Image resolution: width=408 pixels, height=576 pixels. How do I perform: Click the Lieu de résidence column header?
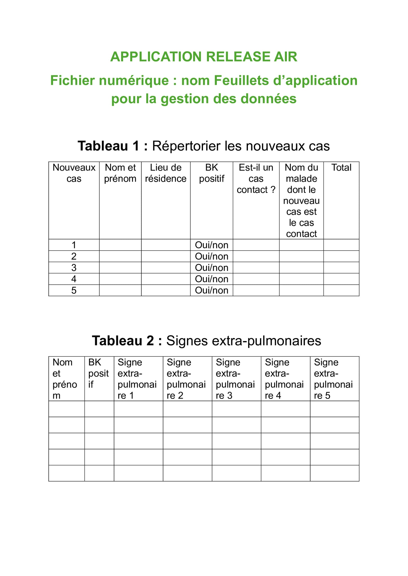(x=166, y=173)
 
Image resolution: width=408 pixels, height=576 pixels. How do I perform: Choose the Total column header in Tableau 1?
(x=341, y=168)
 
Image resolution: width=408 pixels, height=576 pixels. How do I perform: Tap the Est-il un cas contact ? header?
(x=256, y=179)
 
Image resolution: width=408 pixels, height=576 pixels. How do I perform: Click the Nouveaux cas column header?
(x=74, y=173)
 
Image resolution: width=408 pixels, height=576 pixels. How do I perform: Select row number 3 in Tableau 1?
(x=74, y=268)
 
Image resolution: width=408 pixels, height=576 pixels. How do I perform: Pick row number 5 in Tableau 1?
(x=74, y=290)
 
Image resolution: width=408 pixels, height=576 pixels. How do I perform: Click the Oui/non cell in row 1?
(x=211, y=245)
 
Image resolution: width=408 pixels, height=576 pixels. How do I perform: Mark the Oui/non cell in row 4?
(x=211, y=279)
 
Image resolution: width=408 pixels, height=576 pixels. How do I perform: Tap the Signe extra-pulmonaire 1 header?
(x=137, y=379)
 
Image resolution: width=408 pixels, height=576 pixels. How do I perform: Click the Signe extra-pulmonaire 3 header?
(x=235, y=379)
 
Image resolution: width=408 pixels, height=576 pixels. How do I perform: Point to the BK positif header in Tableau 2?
(x=99, y=373)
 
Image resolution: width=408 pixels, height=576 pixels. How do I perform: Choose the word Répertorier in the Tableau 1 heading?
(x=186, y=146)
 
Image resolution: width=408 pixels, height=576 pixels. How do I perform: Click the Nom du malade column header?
(x=301, y=201)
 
